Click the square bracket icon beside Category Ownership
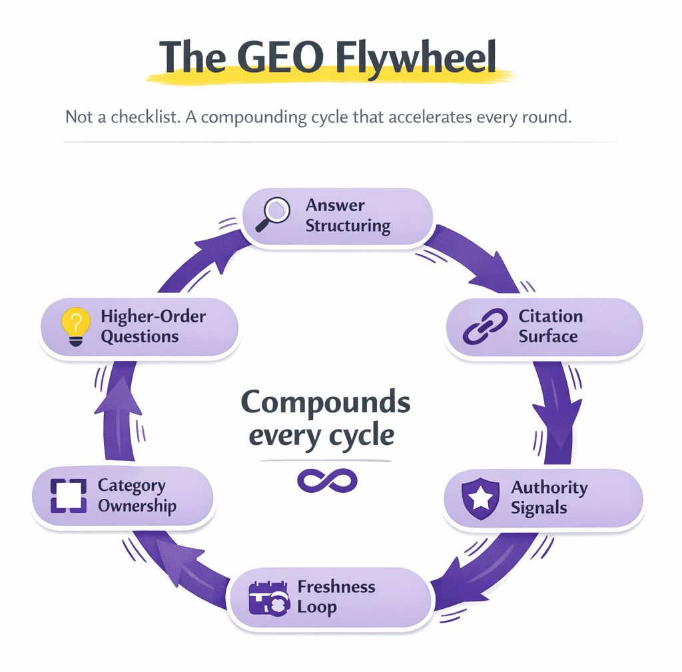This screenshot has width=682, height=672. [x=68, y=496]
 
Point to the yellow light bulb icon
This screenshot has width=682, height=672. [x=75, y=326]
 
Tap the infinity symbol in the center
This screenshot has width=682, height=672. [x=326, y=481]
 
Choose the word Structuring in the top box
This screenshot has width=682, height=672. [x=348, y=226]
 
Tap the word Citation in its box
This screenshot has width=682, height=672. [x=550, y=316]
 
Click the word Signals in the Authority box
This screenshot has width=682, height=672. [x=539, y=508]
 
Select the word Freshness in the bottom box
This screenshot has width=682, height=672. [x=336, y=587]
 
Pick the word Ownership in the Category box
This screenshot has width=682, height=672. [x=137, y=506]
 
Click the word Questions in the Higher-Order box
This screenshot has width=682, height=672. [x=140, y=336]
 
